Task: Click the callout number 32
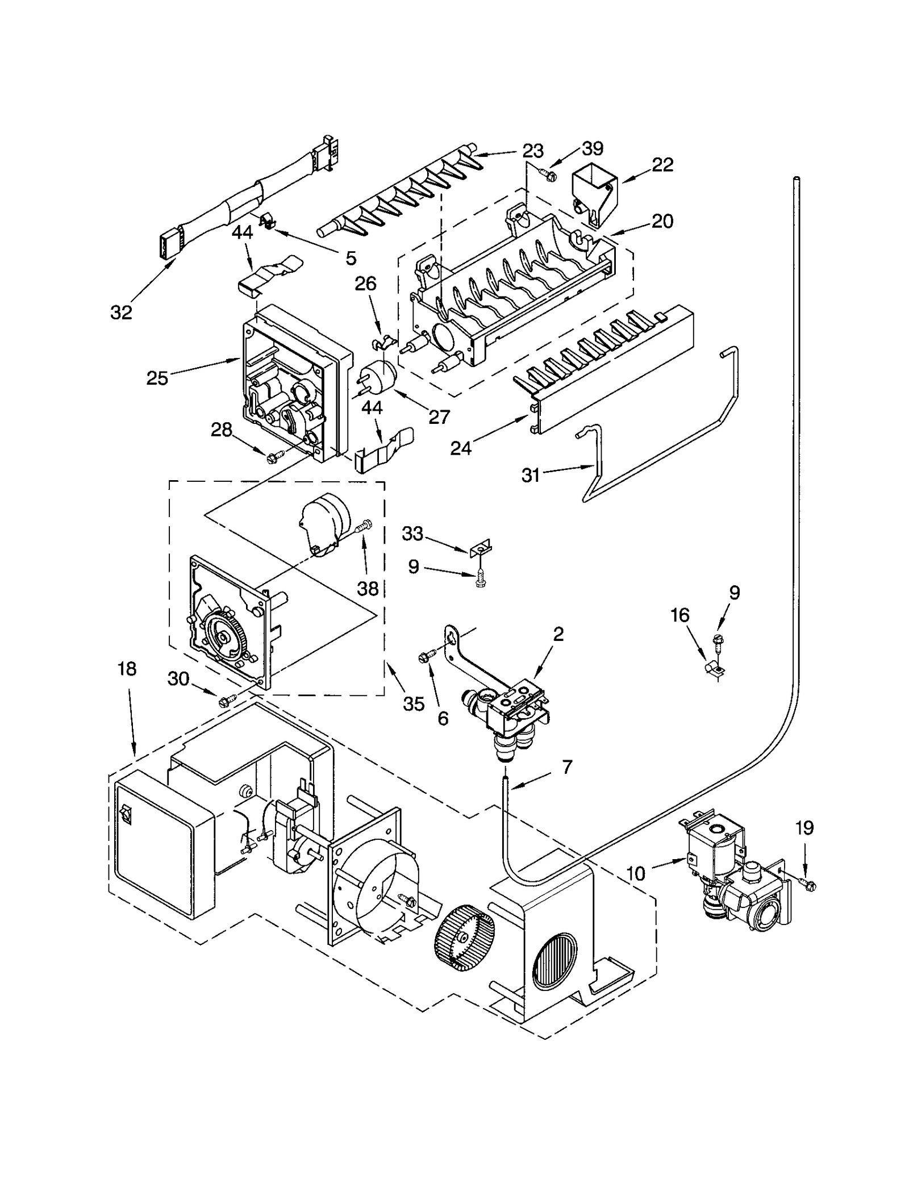(x=121, y=312)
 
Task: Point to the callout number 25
(x=157, y=378)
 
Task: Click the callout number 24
(x=461, y=448)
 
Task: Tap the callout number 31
(x=531, y=475)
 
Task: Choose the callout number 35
(x=414, y=704)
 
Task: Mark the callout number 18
(x=127, y=669)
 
